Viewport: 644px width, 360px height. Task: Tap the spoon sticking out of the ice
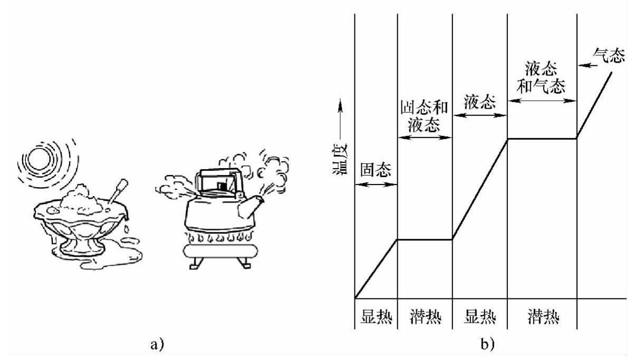point(117,191)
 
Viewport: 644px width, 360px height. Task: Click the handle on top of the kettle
point(216,173)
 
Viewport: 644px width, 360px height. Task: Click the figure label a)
point(158,345)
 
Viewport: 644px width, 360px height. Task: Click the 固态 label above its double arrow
point(376,169)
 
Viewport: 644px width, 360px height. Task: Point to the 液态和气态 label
point(542,77)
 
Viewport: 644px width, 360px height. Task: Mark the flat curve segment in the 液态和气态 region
point(542,139)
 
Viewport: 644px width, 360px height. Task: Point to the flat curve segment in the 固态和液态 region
point(425,240)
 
